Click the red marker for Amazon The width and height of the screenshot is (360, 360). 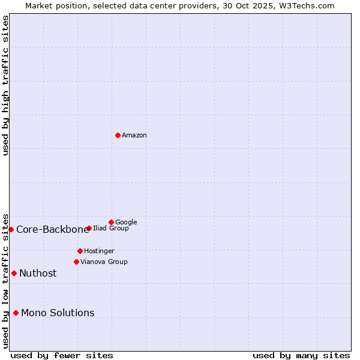(x=118, y=135)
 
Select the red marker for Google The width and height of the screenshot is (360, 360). (x=111, y=222)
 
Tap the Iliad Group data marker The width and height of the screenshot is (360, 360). (x=89, y=228)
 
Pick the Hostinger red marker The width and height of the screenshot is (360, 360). (x=80, y=251)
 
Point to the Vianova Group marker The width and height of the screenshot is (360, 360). (x=76, y=262)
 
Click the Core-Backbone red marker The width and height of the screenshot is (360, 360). (x=11, y=229)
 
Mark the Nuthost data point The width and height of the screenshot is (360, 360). (x=14, y=273)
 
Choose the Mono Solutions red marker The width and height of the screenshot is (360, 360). (x=16, y=313)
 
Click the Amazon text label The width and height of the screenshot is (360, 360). (x=134, y=135)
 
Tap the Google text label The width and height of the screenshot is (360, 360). (x=126, y=222)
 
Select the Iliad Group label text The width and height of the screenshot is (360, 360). (x=111, y=228)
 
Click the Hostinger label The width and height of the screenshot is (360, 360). (x=99, y=251)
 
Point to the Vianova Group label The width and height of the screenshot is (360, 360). (x=104, y=262)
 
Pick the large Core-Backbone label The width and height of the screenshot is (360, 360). (x=52, y=229)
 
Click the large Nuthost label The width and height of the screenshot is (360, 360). (x=38, y=273)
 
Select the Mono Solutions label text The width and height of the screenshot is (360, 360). (x=58, y=313)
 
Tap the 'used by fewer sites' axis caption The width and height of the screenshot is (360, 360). (x=62, y=355)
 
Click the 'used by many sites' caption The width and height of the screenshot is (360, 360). (x=301, y=355)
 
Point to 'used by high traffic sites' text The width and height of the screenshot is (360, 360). (x=6, y=85)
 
